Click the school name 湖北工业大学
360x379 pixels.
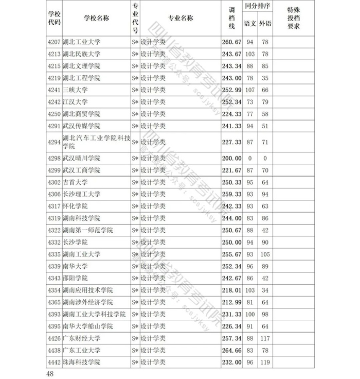[x=81, y=42]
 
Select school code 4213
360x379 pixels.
[x=54, y=54]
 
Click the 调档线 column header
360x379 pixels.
[x=231, y=18]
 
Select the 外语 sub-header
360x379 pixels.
[x=264, y=24]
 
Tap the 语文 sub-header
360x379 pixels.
[x=250, y=24]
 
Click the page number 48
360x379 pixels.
[x=49, y=373]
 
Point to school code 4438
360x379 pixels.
[x=54, y=351]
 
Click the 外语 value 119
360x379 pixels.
[x=264, y=363]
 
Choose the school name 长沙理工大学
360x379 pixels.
[x=81, y=194]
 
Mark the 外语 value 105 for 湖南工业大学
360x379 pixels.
[x=264, y=254]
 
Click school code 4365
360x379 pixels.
[x=54, y=302]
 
